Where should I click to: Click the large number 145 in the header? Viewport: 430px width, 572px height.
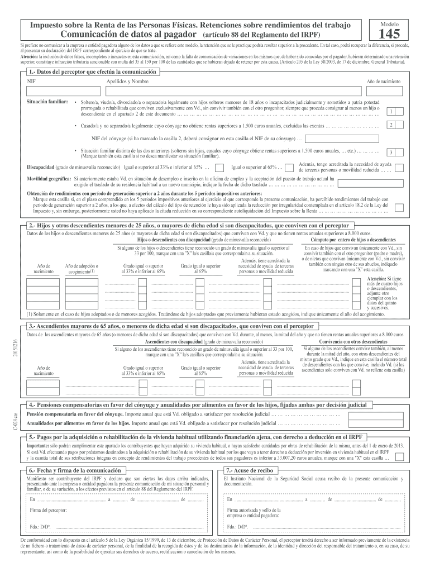click(x=389, y=34)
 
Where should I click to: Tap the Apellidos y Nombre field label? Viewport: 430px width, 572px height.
click(x=128, y=82)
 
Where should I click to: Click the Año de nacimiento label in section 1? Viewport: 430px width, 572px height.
click(x=383, y=82)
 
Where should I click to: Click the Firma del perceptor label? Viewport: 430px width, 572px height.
click(x=49, y=511)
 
